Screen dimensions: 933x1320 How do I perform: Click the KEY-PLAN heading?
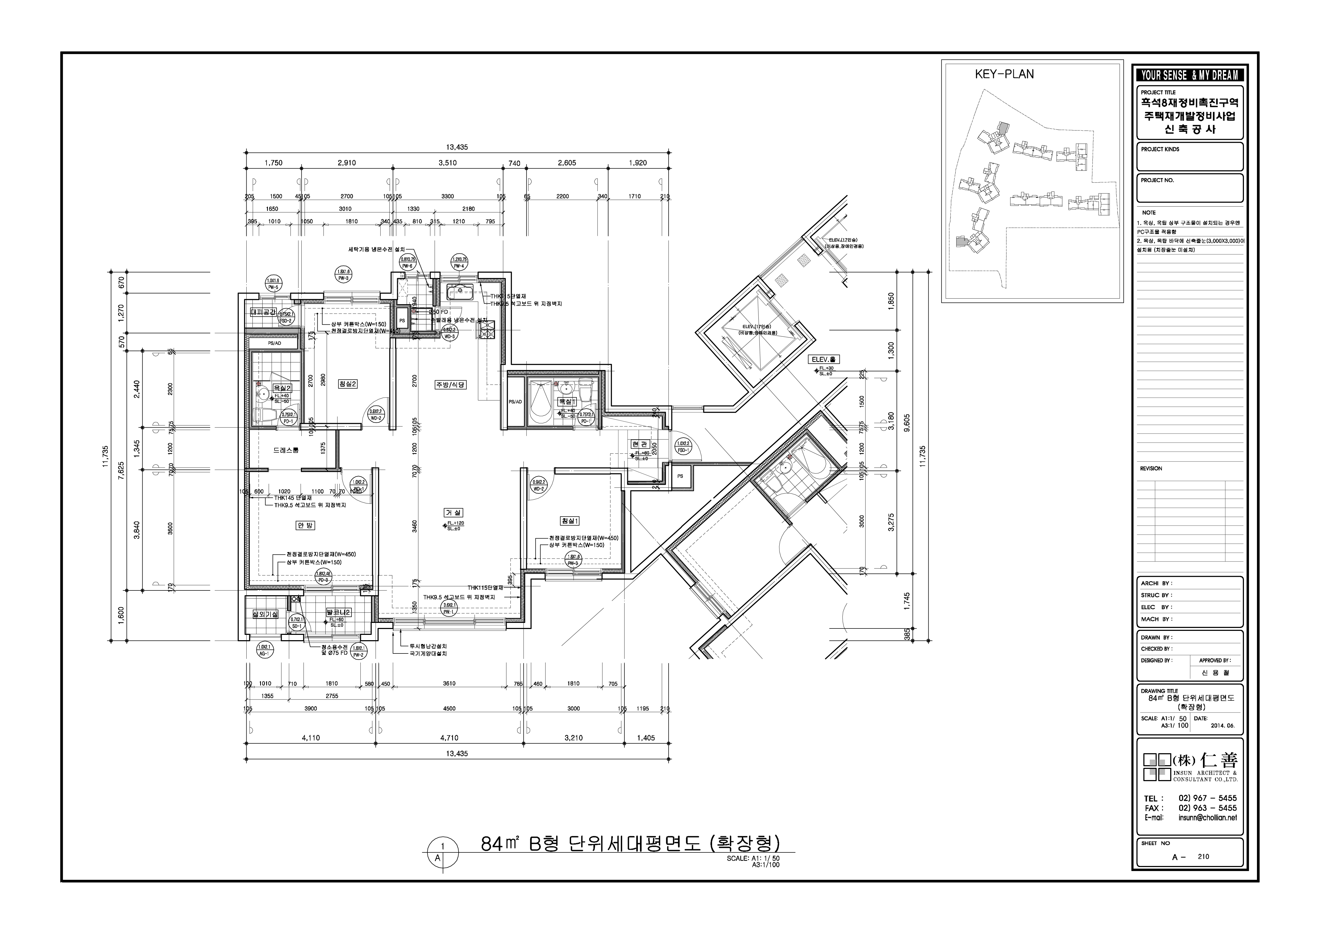(x=1004, y=74)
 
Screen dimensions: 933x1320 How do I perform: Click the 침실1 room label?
(x=570, y=521)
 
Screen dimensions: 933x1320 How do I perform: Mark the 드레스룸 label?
(x=286, y=450)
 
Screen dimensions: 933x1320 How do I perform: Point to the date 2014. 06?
(x=1222, y=726)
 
